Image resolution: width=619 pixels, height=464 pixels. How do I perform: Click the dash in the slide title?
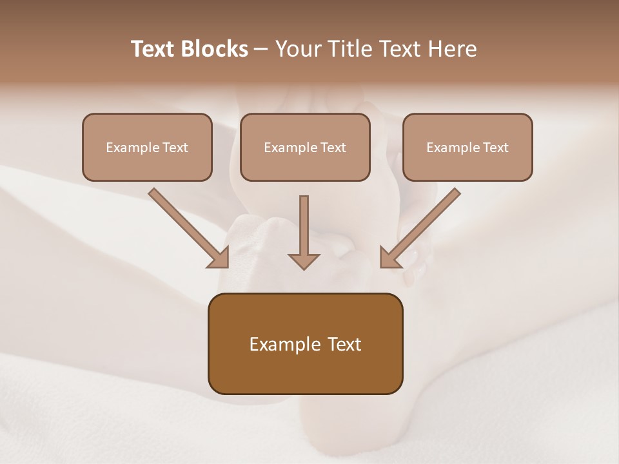(261, 49)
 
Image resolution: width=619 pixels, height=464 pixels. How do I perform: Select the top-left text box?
(147, 147)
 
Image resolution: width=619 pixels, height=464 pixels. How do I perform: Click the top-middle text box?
(305, 147)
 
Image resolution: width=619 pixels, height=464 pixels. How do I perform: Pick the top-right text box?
(467, 147)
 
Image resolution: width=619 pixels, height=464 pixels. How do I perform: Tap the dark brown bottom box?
(305, 343)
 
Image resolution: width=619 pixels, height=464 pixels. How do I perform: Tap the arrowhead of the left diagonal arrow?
(219, 258)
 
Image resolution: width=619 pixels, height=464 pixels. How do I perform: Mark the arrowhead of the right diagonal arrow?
(389, 258)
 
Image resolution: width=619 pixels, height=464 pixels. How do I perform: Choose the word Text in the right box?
(496, 148)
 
